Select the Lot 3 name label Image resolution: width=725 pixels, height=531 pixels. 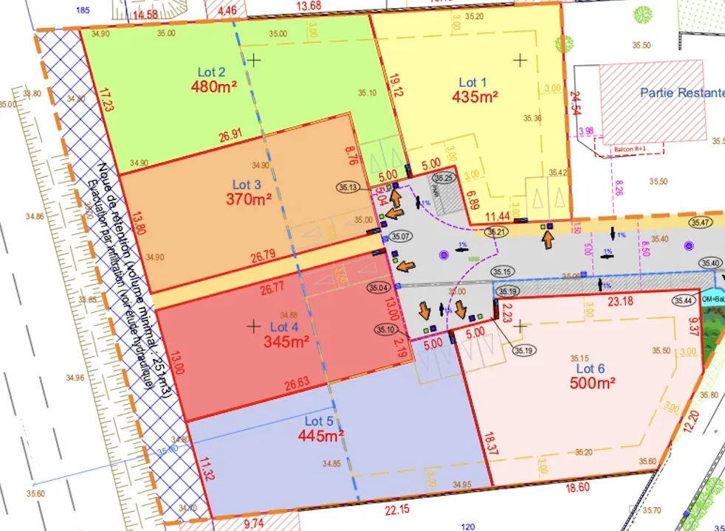[247, 184]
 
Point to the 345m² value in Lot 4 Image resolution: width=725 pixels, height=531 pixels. [286, 341]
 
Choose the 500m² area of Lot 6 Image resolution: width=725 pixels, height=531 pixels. [592, 383]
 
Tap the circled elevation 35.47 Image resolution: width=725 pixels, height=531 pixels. [702, 222]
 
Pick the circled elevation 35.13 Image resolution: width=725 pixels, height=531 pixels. [350, 187]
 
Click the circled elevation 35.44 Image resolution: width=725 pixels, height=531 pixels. [683, 300]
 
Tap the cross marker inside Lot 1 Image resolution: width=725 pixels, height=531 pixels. [520, 60]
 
